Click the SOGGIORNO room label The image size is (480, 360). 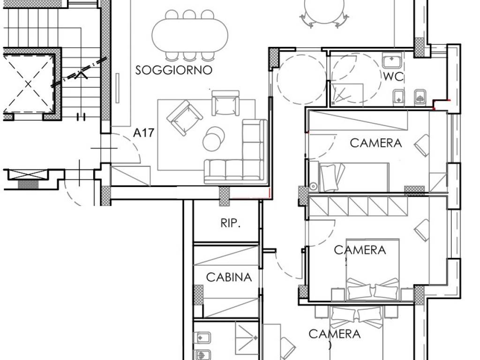click(174, 70)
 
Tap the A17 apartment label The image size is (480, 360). click(143, 133)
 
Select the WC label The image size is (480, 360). click(393, 76)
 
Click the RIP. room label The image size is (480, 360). click(230, 224)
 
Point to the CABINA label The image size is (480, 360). click(229, 277)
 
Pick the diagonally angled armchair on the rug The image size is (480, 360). click(185, 117)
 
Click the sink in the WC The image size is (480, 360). click(391, 61)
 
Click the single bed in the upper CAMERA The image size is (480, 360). click(353, 177)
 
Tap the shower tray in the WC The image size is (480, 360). click(347, 94)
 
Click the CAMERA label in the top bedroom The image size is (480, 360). click(376, 143)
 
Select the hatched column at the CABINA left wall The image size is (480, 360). click(199, 295)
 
